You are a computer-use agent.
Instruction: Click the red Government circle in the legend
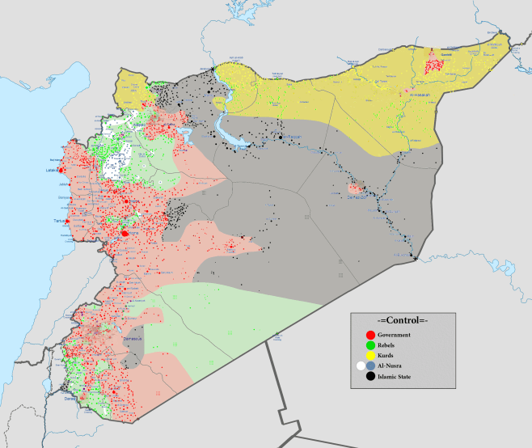point(370,335)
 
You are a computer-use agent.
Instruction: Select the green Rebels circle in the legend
point(370,345)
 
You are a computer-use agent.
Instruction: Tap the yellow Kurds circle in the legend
point(370,356)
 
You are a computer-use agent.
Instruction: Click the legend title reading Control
point(396,319)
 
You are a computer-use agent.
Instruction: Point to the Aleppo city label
point(138,127)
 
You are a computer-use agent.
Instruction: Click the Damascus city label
point(132,338)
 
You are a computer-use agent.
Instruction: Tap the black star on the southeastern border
point(415,259)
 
